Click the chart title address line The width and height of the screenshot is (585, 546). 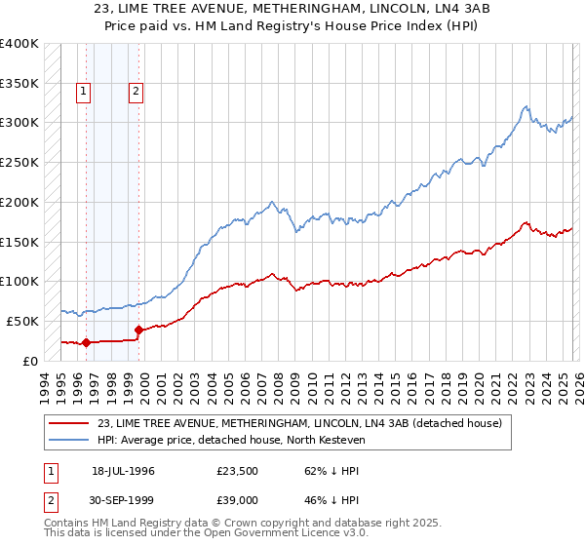[x=292, y=9]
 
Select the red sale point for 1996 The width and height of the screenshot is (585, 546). [x=86, y=342]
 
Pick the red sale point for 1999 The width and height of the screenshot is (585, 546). [x=139, y=330]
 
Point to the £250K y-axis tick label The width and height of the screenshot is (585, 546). [x=19, y=163]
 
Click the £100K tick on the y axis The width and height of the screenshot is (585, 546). [x=19, y=282]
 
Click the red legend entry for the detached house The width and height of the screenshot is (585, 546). [x=299, y=423]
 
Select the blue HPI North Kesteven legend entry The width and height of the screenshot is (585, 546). [x=244, y=440]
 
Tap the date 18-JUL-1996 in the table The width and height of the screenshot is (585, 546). [x=123, y=470]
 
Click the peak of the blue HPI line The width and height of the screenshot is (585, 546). [x=526, y=106]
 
